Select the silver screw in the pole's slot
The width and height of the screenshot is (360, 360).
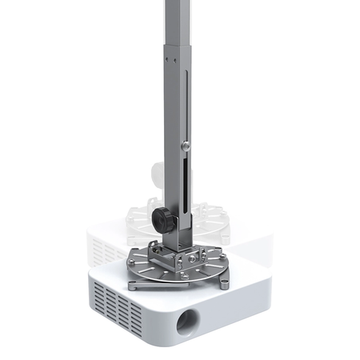pos(186,146)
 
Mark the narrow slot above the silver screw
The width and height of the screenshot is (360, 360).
pos(186,104)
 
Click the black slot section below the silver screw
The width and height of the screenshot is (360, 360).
pos(186,184)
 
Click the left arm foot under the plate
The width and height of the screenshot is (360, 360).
pos(133,284)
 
